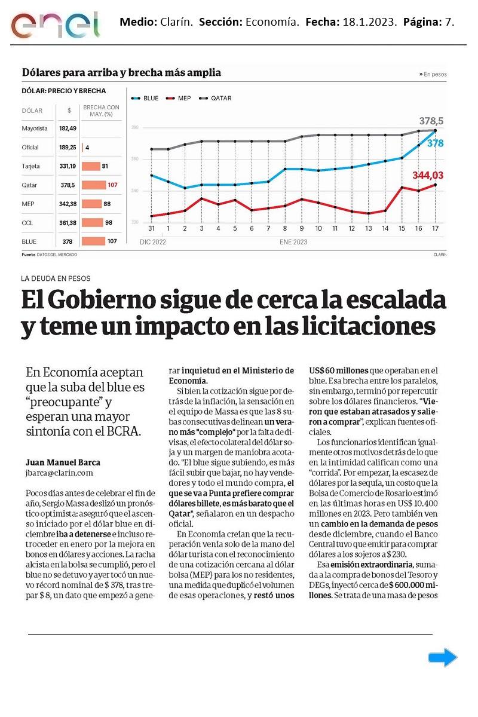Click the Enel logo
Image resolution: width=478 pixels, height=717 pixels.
(x=55, y=24)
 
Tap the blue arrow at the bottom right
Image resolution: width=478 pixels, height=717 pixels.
(x=442, y=658)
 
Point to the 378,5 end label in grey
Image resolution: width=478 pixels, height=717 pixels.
(x=431, y=121)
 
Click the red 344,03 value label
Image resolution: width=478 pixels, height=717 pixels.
(x=428, y=175)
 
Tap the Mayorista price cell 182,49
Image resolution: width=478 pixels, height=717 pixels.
(x=68, y=128)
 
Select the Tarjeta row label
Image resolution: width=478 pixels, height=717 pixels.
(x=30, y=166)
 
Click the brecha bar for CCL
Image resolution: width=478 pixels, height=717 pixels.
(x=93, y=223)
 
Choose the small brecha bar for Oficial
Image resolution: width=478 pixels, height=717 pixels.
(x=83, y=147)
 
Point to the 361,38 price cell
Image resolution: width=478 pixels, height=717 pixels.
(x=68, y=223)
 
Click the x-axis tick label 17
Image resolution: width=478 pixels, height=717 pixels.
(x=436, y=229)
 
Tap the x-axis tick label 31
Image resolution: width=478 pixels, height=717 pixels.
(x=151, y=229)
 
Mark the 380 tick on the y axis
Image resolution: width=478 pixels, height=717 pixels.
(x=135, y=128)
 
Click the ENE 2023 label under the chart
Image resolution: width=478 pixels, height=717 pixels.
(x=293, y=243)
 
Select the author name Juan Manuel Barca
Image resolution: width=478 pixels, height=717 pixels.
(x=63, y=462)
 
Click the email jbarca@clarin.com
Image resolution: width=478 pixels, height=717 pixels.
(x=60, y=473)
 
